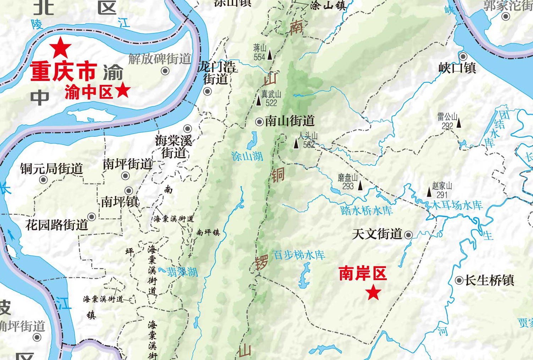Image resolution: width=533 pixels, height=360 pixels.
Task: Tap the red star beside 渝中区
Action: pyautogui.click(x=123, y=90)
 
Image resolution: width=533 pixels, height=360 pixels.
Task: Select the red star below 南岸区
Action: pyautogui.click(x=373, y=293)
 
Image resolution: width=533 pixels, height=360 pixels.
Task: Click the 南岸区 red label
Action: pyautogui.click(x=363, y=274)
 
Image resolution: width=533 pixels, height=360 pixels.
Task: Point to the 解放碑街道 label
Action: pyautogui.click(x=160, y=59)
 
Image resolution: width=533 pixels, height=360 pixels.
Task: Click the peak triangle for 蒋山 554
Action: pyautogui.click(x=270, y=55)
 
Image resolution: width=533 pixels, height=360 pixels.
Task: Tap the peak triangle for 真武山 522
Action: pyautogui.click(x=259, y=100)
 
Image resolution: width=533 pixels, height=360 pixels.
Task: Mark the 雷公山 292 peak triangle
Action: pyautogui.click(x=459, y=123)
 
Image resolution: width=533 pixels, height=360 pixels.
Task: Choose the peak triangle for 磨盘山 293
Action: pyautogui.click(x=361, y=185)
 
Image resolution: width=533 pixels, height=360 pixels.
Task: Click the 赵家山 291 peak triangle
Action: pyautogui.click(x=429, y=192)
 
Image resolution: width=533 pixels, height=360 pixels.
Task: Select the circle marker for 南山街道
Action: pyautogui.click(x=259, y=122)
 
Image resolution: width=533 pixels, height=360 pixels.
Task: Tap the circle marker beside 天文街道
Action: pyautogui.click(x=408, y=235)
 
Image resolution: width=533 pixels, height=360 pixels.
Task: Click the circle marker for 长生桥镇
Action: pyautogui.click(x=459, y=280)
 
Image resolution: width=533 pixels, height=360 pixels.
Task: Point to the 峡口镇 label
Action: pyautogui.click(x=457, y=68)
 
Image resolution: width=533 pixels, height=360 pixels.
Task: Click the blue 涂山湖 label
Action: pyautogui.click(x=247, y=156)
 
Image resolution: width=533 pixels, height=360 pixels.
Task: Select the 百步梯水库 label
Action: pyautogui.click(x=298, y=255)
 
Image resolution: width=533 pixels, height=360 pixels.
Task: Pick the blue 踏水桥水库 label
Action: pyautogui.click(x=366, y=211)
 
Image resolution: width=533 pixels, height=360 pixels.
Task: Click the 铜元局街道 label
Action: pyautogui.click(x=51, y=169)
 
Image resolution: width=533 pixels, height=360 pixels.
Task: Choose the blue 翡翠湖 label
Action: pyautogui.click(x=182, y=272)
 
